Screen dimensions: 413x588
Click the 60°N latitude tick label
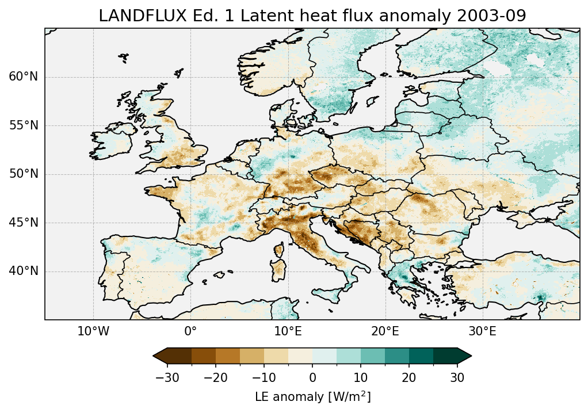pyautogui.click(x=24, y=77)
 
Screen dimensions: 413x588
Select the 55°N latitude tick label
pyautogui.click(x=24, y=125)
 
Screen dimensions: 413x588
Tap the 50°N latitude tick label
pyautogui.click(x=24, y=174)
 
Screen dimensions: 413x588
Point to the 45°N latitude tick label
pyautogui.click(x=24, y=223)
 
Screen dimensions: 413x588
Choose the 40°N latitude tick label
pyautogui.click(x=24, y=271)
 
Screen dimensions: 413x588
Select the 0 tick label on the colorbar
pyautogui.click(x=312, y=377)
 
